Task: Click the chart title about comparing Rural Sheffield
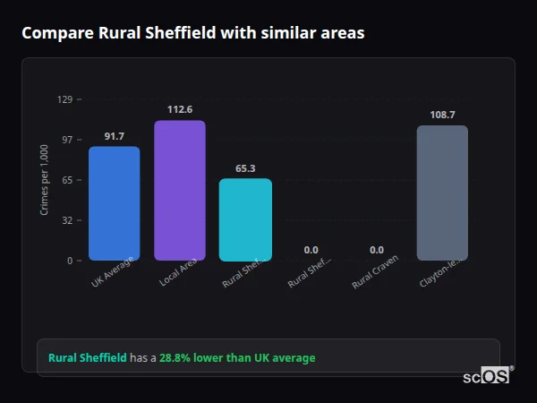192,33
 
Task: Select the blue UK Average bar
114,203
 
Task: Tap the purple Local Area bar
179,190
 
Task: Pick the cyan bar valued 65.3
245,219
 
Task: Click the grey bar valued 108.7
442,193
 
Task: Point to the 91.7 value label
114,136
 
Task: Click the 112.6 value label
179,109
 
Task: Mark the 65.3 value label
245,168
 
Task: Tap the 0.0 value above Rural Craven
377,250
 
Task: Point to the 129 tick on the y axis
64,99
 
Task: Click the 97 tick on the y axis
66,140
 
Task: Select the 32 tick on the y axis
66,220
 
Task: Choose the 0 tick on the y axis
69,261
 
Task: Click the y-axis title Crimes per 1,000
45,180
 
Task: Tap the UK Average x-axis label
113,272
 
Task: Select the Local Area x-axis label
179,272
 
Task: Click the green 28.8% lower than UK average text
237,358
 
